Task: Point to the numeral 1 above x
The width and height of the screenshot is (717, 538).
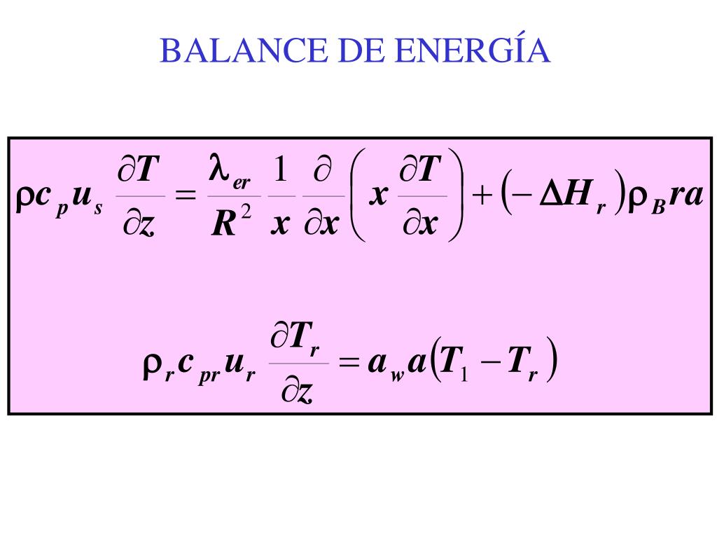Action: click(281, 171)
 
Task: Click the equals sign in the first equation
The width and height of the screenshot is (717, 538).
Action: click(186, 198)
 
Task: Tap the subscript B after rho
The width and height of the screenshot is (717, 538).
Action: click(657, 207)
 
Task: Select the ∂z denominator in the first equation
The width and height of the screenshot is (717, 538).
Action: click(140, 226)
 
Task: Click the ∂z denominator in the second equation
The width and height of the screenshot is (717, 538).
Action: click(297, 393)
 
